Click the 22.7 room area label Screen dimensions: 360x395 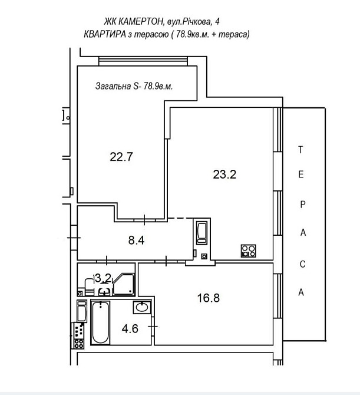point(121,157)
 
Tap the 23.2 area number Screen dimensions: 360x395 point(224,175)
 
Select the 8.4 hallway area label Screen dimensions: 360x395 point(136,240)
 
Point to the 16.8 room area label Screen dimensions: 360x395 point(209,298)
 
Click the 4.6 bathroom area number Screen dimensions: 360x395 point(130,329)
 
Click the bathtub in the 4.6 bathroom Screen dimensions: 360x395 point(100,322)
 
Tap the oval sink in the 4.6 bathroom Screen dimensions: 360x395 point(142,307)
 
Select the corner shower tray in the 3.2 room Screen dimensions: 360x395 point(123,285)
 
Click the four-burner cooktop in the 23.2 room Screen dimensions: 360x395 point(248,251)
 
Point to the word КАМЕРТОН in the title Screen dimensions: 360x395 point(140,22)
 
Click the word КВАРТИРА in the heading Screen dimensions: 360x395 point(105,34)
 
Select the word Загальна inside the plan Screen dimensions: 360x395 point(113,86)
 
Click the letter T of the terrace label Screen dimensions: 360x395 point(300,150)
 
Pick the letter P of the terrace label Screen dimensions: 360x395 point(303,204)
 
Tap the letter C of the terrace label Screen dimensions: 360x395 point(302,264)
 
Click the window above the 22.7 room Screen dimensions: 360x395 point(143,61)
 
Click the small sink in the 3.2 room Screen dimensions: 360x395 point(104,291)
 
